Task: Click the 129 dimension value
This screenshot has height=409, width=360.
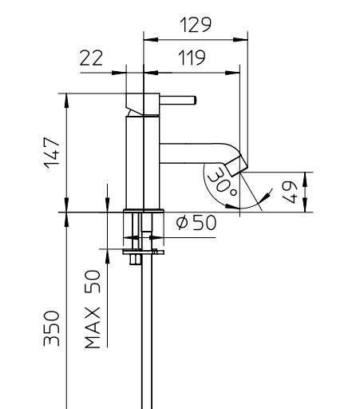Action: click(x=196, y=25)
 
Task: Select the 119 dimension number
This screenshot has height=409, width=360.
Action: click(x=192, y=58)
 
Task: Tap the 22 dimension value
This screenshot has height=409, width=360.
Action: click(x=91, y=58)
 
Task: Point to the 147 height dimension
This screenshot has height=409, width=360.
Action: click(x=52, y=153)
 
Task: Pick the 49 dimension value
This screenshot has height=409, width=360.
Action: click(x=289, y=193)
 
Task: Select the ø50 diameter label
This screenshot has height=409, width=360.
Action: click(x=196, y=223)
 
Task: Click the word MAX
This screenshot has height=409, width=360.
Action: click(x=93, y=328)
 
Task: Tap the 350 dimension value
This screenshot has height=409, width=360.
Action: click(x=51, y=328)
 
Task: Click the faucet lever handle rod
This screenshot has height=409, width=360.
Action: click(x=178, y=101)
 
